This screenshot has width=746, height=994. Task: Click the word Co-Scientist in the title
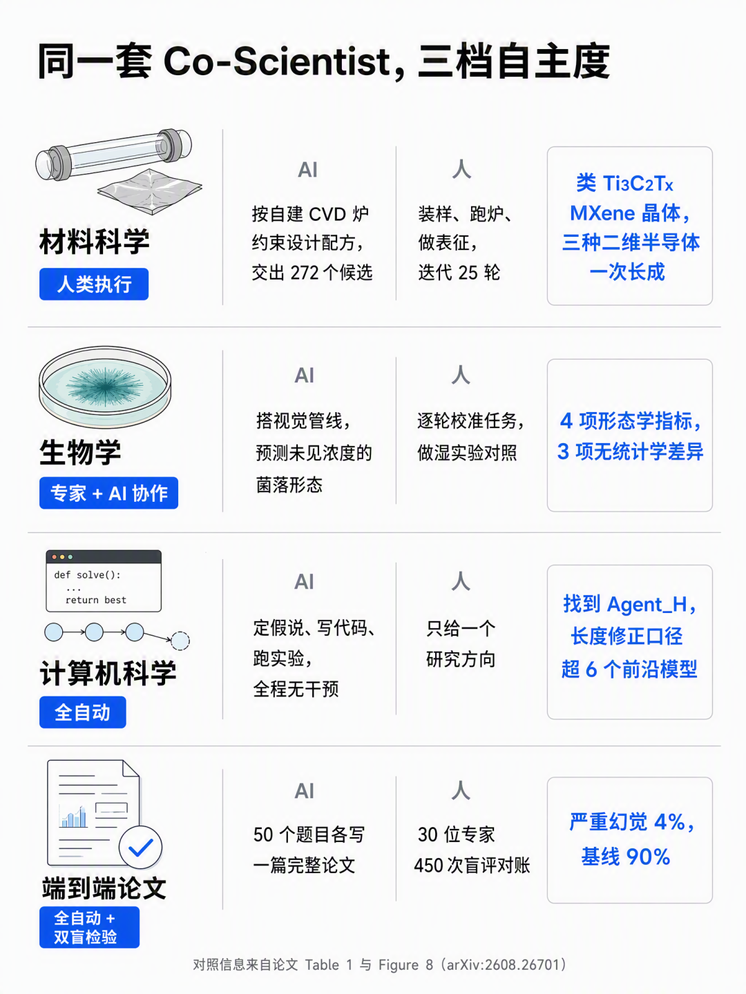pyautogui.click(x=277, y=61)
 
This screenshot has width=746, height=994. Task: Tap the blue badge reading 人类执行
pyautogui.click(x=94, y=284)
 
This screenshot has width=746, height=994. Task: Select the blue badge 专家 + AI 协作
pyautogui.click(x=108, y=493)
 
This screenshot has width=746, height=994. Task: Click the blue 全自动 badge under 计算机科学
pyautogui.click(x=82, y=712)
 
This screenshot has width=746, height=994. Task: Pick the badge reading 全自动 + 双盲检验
pyautogui.click(x=89, y=927)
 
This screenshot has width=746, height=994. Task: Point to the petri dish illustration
pyautogui.click(x=104, y=387)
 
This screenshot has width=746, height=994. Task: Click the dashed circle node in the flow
pyautogui.click(x=180, y=641)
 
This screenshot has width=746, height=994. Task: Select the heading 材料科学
pyautogui.click(x=94, y=242)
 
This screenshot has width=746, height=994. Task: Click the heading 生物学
pyautogui.click(x=80, y=452)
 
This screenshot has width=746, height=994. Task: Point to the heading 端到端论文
pyautogui.click(x=104, y=888)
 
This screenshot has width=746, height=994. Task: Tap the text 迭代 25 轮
pyautogui.click(x=459, y=273)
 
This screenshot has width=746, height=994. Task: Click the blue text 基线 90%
pyautogui.click(x=626, y=857)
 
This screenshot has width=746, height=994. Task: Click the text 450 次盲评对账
pyautogui.click(x=472, y=865)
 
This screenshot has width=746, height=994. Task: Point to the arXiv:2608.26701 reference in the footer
pyautogui.click(x=502, y=964)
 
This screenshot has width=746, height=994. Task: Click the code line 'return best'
pyautogui.click(x=96, y=600)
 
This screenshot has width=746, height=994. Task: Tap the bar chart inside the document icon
pyautogui.click(x=73, y=817)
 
